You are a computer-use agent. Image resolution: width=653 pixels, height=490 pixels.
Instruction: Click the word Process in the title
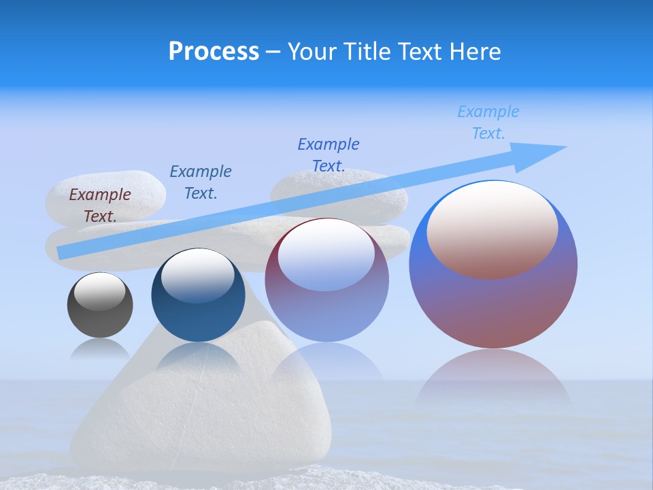tap(214, 51)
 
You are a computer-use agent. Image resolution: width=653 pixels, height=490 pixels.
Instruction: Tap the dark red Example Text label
tap(100, 206)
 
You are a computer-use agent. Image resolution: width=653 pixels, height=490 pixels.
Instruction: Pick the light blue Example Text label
tap(488, 122)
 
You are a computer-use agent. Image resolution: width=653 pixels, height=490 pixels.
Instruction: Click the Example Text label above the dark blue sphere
tap(201, 182)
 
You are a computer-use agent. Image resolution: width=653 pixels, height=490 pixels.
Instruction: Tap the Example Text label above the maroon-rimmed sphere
tap(329, 155)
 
